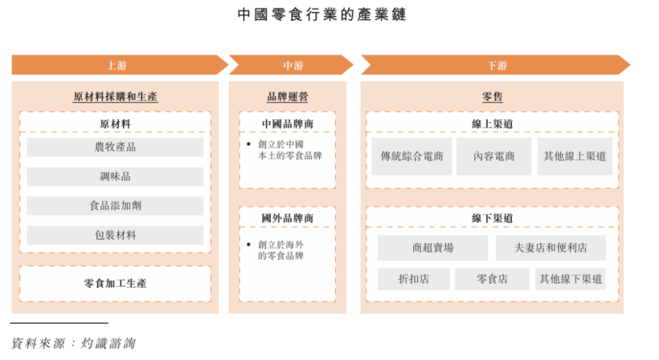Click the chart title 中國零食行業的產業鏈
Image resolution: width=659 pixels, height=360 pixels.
pos(322,15)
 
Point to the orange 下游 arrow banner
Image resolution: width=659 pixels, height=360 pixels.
pos(495,65)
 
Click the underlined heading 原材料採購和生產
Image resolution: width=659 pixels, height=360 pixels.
pos(115,96)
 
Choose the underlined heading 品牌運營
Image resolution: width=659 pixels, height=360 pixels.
pos(287,96)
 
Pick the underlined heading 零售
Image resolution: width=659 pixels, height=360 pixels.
pos(492,96)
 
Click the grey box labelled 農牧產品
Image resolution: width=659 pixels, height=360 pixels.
pos(115,147)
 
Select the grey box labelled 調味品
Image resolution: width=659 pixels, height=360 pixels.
pos(115,176)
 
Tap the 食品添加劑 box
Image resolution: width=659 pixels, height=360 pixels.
pos(115,206)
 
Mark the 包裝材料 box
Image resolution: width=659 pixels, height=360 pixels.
pos(115,236)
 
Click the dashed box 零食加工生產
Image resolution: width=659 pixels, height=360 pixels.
pos(115,284)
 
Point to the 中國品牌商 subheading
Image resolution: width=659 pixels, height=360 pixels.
pos(287,124)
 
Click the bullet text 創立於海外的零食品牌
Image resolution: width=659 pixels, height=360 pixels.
pos(281,250)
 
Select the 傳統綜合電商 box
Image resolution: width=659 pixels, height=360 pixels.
pos(412,156)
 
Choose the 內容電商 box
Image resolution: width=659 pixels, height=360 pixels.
pos(494,156)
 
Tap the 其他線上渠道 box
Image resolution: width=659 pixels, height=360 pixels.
pos(575,156)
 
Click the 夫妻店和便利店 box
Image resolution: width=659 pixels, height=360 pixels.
pos(550,248)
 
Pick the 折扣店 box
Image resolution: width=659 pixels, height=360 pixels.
pos(414,279)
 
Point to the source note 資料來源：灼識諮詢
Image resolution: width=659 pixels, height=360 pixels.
pos(73,343)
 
